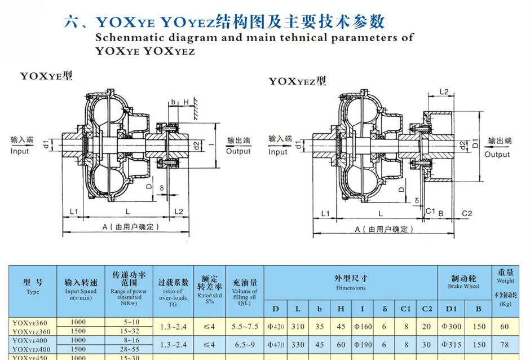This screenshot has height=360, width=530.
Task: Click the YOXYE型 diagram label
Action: (47, 75)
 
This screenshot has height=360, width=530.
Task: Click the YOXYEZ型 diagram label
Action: (298, 81)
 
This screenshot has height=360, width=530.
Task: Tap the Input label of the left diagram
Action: (20, 151)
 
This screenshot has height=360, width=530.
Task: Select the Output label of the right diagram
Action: (496, 154)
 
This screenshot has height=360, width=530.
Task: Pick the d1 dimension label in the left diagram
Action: (46, 146)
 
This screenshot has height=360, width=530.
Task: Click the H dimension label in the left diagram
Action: (184, 102)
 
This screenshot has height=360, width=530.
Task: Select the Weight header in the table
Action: (505, 280)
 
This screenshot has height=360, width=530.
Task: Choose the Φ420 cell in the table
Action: (276, 326)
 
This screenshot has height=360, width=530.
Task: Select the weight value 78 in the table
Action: (505, 345)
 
